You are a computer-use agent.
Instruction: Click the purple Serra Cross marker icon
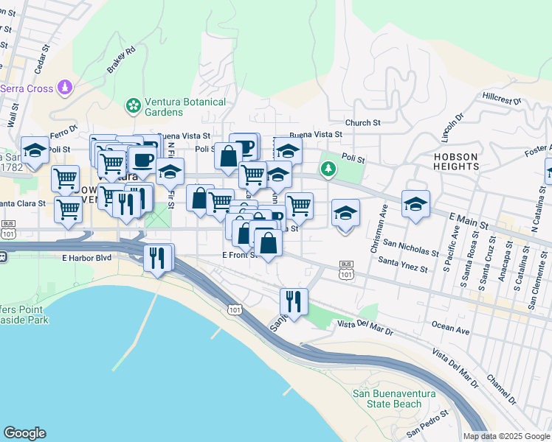(x=66, y=88)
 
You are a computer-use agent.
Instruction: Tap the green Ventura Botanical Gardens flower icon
(x=134, y=106)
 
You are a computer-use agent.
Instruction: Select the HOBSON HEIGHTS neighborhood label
(x=456, y=162)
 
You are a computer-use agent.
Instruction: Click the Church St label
(x=362, y=123)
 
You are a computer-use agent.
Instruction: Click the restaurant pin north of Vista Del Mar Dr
(x=294, y=301)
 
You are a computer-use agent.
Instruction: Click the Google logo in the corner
(x=24, y=433)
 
